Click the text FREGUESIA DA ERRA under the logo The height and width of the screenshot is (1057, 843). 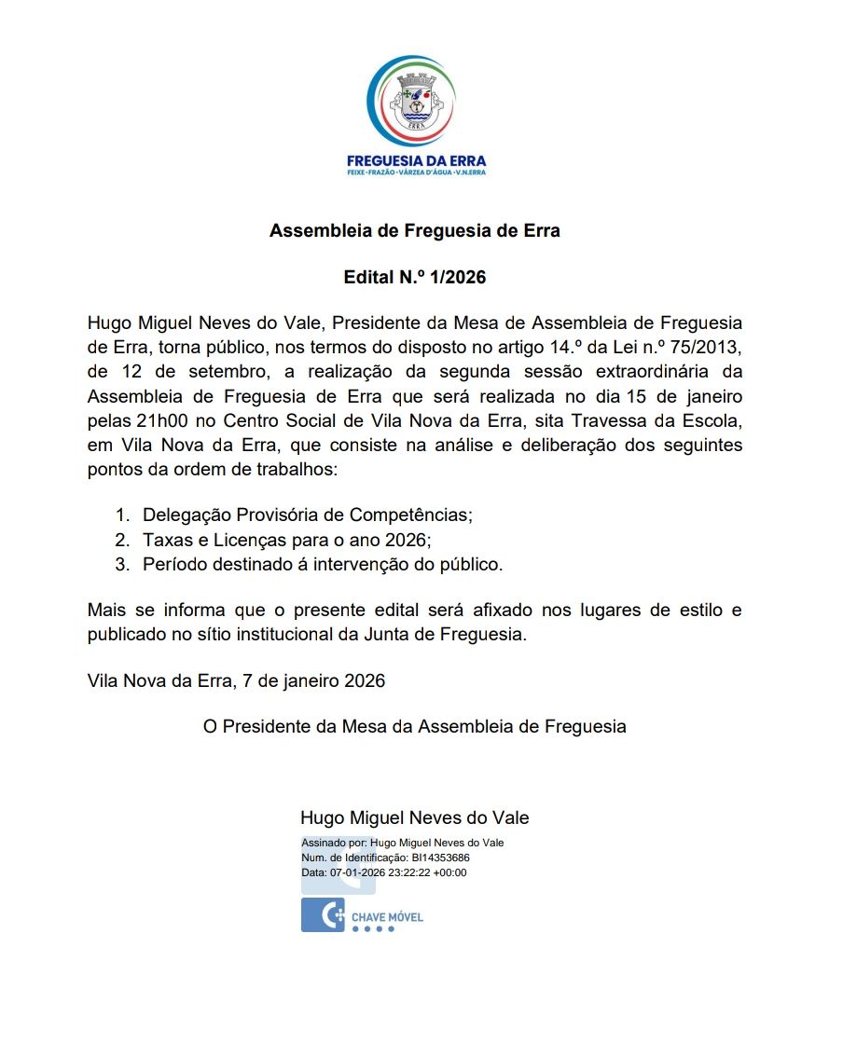[x=416, y=160]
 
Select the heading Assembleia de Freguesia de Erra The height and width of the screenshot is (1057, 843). [x=415, y=230]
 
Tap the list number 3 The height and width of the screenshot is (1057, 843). [x=120, y=564]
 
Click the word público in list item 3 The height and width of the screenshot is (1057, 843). [x=469, y=564]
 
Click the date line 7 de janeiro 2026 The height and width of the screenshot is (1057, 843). [x=312, y=681]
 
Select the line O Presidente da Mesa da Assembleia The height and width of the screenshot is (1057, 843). [x=415, y=726]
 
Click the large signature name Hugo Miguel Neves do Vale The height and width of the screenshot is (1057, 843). [x=414, y=817]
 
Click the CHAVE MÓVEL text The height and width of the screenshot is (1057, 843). [x=387, y=917]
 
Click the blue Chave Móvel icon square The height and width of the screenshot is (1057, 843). [x=323, y=915]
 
